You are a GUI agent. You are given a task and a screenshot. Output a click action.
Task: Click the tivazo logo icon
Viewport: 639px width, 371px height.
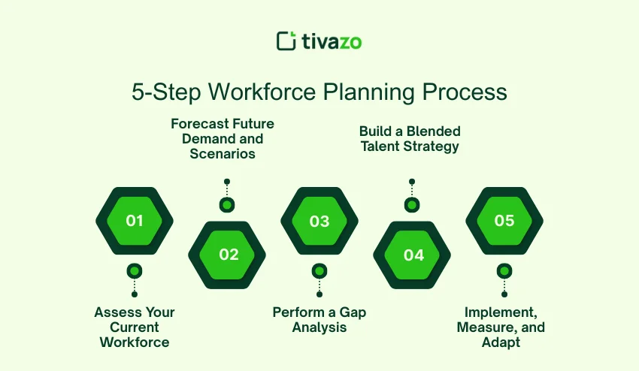click(x=286, y=41)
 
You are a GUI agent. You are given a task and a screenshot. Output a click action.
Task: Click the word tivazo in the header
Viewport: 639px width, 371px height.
click(x=332, y=41)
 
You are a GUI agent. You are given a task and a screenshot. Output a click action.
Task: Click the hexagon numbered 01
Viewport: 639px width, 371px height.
click(x=135, y=221)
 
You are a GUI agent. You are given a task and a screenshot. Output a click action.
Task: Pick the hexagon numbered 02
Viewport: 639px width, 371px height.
click(x=227, y=255)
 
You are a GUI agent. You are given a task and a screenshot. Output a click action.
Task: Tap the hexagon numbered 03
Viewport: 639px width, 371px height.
click(x=319, y=221)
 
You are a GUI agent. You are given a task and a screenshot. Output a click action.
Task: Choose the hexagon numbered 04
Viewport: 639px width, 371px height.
click(x=412, y=255)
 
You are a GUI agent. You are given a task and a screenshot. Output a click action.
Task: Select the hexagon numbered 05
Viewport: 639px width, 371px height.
click(x=504, y=221)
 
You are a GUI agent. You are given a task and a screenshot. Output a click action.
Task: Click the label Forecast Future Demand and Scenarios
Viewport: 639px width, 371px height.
click(x=223, y=139)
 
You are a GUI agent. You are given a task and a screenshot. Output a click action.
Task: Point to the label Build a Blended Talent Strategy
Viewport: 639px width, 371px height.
click(x=409, y=139)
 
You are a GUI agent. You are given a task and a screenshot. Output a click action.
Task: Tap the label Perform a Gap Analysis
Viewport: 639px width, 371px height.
click(x=319, y=319)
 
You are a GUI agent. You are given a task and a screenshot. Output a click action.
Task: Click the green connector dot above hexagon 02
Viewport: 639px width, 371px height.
click(x=227, y=204)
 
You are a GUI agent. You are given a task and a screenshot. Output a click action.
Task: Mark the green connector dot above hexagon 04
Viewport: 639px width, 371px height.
click(x=412, y=204)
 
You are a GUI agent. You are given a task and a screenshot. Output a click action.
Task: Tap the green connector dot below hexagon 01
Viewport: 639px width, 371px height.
click(x=135, y=271)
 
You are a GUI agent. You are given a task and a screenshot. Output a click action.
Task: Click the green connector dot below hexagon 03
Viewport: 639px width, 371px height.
click(x=319, y=271)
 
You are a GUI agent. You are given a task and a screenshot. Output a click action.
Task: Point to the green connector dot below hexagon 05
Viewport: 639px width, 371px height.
click(x=504, y=271)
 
